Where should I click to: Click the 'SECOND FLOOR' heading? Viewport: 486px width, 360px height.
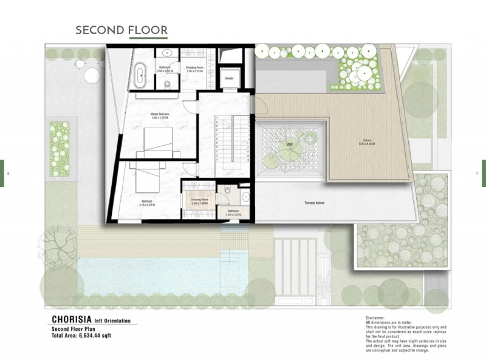(x=121, y=30)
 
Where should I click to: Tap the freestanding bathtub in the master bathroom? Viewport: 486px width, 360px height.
(x=140, y=74)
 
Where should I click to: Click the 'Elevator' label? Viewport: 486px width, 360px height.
(x=230, y=78)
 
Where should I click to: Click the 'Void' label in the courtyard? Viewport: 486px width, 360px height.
(x=289, y=144)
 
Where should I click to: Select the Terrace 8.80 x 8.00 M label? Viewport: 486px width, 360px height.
(x=365, y=144)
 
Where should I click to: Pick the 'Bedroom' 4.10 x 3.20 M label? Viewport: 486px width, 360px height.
(x=147, y=202)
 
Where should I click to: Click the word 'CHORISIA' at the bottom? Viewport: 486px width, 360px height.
(x=72, y=319)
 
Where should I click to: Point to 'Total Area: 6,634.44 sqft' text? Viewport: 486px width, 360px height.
(x=81, y=335)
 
